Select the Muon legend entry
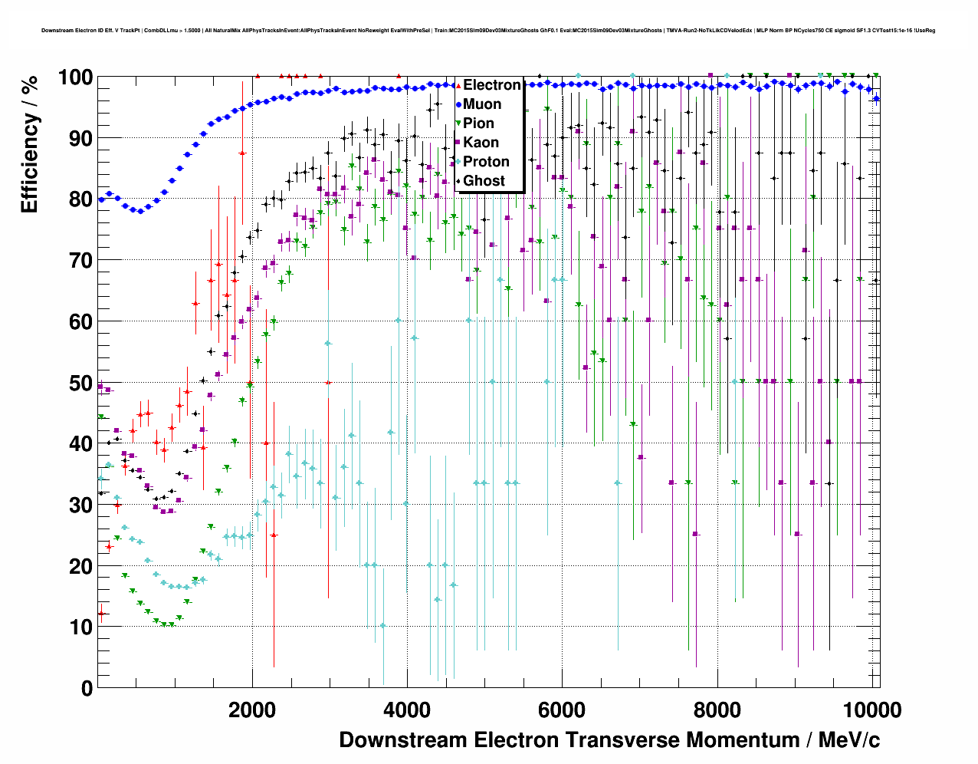coord(482,104)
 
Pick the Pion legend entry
coord(478,123)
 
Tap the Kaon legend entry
coord(481,143)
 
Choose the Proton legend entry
coord(486,162)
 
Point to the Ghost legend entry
coord(484,181)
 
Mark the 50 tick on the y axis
coord(80,383)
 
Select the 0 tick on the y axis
coord(87,688)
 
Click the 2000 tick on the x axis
coord(252,710)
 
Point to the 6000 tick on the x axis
coord(562,710)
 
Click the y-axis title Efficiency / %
coord(29,163)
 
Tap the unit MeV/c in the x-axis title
coord(848,740)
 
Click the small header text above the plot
coord(488,31)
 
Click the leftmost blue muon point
coord(101,199)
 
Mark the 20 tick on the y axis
coord(80,566)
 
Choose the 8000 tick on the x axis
coord(717,710)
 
